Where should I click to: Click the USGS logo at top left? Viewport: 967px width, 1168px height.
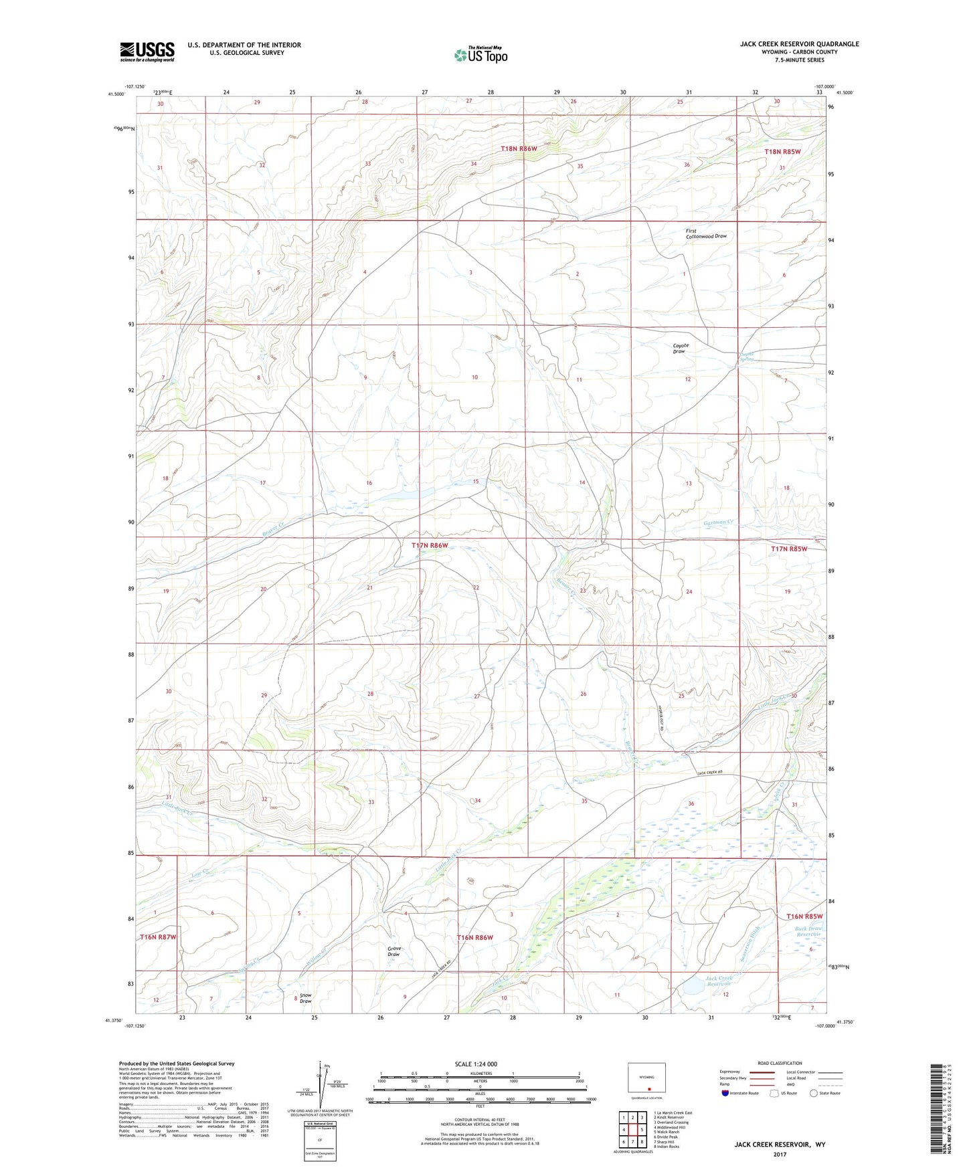[147, 52]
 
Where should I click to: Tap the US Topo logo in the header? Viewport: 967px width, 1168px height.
[480, 55]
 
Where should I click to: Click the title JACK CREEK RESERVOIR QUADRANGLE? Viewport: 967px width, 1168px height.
[799, 44]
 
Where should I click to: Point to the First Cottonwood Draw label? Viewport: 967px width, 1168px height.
[705, 233]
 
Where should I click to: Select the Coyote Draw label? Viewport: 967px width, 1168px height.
[680, 349]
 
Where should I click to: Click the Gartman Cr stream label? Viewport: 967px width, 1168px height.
[719, 522]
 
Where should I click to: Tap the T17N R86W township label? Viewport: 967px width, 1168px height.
[429, 545]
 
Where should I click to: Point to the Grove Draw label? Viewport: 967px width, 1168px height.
[394, 951]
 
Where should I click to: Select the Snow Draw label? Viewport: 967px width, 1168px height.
[305, 998]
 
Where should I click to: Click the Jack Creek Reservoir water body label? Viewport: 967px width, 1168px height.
[719, 981]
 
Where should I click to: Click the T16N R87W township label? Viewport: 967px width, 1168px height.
[158, 937]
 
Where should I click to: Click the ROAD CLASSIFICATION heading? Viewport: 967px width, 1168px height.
[779, 1063]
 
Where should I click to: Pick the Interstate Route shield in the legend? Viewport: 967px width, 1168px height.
[725, 1093]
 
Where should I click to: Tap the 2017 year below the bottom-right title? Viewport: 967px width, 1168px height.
[779, 1154]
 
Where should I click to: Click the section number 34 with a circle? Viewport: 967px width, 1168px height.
[476, 800]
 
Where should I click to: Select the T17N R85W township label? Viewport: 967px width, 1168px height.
[788, 549]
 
